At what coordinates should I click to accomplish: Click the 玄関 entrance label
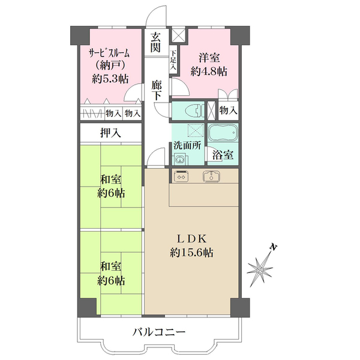click(x=156, y=41)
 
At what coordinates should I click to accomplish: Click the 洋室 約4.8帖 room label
click(x=208, y=64)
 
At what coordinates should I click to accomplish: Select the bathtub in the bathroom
click(x=224, y=133)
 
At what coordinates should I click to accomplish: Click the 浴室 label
click(x=224, y=154)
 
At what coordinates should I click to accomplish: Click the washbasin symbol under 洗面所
click(x=179, y=159)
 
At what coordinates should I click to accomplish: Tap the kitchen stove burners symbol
click(x=181, y=176)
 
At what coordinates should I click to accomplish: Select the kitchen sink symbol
click(x=212, y=176)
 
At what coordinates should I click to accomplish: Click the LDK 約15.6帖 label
click(x=191, y=245)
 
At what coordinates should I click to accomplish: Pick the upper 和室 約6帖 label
click(x=112, y=185)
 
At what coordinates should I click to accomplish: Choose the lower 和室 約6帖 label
click(x=112, y=272)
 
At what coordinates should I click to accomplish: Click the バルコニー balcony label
click(x=159, y=331)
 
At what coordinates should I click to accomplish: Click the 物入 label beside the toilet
click(x=228, y=110)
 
